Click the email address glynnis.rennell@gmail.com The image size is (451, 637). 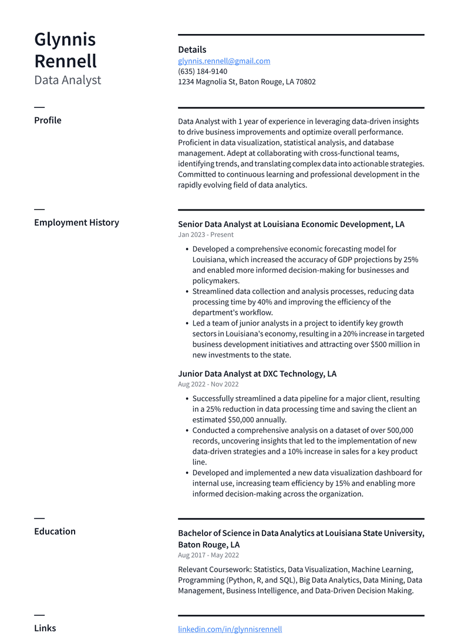pyautogui.click(x=224, y=61)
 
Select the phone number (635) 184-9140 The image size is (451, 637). pyautogui.click(x=203, y=72)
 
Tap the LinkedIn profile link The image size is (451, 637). pyautogui.click(x=230, y=629)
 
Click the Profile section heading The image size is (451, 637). pyautogui.click(x=48, y=120)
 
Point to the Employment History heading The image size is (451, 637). pyautogui.click(x=76, y=222)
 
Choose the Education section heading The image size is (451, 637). pyautogui.click(x=55, y=531)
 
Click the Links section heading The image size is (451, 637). pyautogui.click(x=45, y=628)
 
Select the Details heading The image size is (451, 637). pyautogui.click(x=192, y=50)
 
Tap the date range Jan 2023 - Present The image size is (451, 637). pyautogui.click(x=206, y=235)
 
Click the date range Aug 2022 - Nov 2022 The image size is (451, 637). pyautogui.click(x=208, y=384)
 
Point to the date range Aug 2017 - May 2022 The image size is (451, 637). pyautogui.click(x=208, y=555)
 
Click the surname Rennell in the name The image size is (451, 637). pyautogui.click(x=65, y=61)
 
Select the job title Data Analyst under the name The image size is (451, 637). pyautogui.click(x=68, y=80)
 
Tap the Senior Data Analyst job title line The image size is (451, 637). pyautogui.click(x=291, y=224)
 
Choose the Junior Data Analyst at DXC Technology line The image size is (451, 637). pyautogui.click(x=257, y=374)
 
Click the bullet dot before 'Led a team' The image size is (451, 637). pyautogui.click(x=187, y=323)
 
